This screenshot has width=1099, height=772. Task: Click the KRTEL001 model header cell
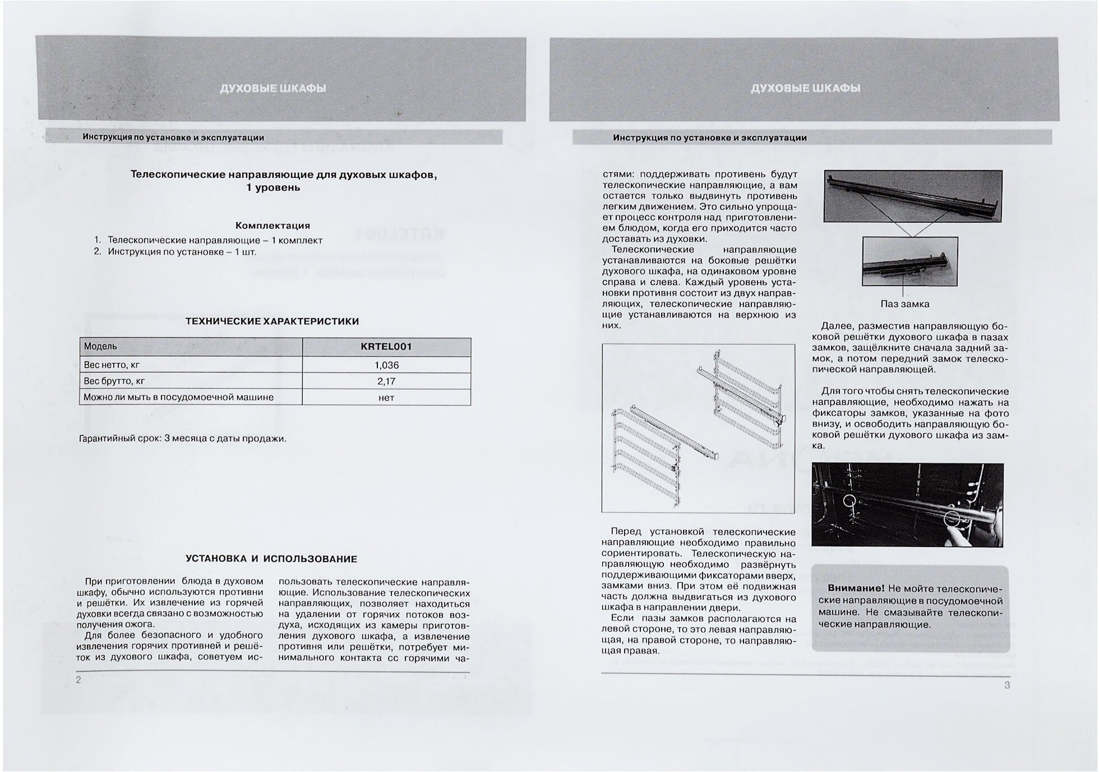tap(386, 347)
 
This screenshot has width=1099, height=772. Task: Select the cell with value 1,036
tap(386, 365)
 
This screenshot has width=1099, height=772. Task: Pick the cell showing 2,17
tap(386, 382)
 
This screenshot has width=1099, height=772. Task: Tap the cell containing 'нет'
tap(386, 397)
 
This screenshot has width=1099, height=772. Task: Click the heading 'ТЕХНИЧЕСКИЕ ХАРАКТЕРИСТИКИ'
tap(272, 321)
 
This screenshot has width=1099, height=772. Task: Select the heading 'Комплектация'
tap(273, 226)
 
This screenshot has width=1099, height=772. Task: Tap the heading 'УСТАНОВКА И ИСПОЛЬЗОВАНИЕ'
tap(271, 559)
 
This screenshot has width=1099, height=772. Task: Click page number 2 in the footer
tap(79, 680)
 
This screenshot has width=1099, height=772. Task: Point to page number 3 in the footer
tap(1007, 685)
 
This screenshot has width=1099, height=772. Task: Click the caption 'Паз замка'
tap(904, 304)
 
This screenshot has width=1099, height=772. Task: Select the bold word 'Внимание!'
tap(856, 589)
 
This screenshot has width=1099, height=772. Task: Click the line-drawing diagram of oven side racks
tap(698, 428)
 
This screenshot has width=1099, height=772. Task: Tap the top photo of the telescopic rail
tap(912, 196)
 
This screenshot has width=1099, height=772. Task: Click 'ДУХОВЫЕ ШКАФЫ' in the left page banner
tap(273, 89)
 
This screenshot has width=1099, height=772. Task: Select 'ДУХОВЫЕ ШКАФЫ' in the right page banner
tap(805, 89)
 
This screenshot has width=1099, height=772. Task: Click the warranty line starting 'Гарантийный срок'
tap(183, 439)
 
